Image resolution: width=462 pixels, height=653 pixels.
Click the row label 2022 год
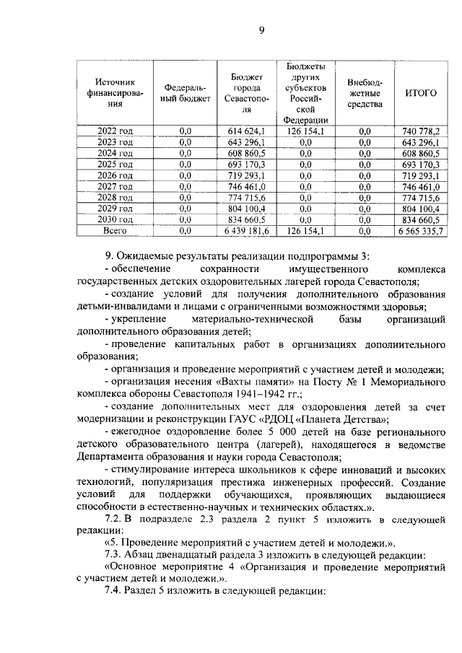tap(115, 131)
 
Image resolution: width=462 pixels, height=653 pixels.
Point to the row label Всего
tap(115, 230)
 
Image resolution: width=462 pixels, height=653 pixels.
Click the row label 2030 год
tap(115, 219)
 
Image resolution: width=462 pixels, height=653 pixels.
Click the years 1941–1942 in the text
tap(256, 395)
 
